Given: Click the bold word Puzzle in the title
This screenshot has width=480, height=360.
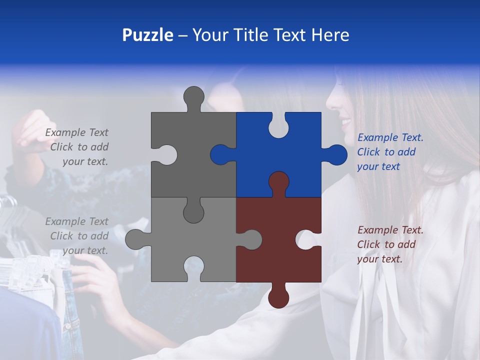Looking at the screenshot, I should click(147, 35).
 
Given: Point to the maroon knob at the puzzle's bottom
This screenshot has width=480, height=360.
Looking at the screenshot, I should click(278, 297).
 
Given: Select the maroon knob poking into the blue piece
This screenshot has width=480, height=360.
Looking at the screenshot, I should click(278, 182).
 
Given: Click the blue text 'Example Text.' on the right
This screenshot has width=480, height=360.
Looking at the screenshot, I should click(390, 137).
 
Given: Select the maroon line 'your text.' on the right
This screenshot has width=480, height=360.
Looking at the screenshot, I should click(379, 259).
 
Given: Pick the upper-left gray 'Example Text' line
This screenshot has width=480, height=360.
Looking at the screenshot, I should click(76, 132).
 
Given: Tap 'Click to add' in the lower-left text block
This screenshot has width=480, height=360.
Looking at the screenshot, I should click(79, 236).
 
